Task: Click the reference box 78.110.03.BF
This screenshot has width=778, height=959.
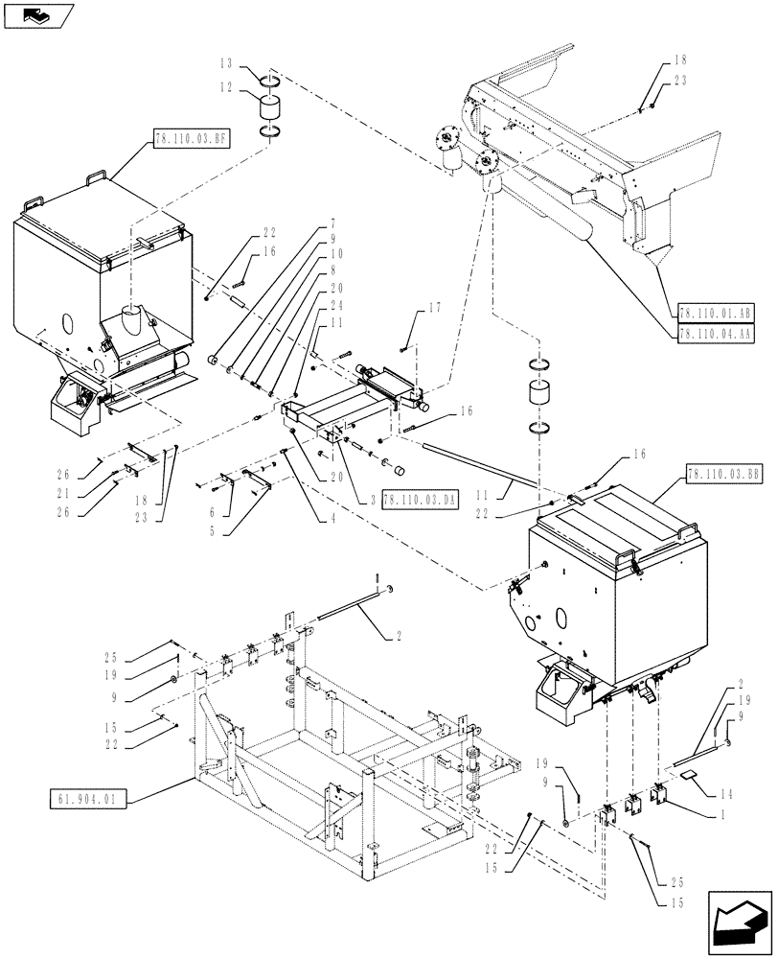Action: point(190,139)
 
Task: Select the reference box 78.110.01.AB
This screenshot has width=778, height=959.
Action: point(715,313)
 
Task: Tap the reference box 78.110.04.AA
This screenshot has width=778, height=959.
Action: point(715,334)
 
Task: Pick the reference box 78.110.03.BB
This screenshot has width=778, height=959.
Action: point(723,475)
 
